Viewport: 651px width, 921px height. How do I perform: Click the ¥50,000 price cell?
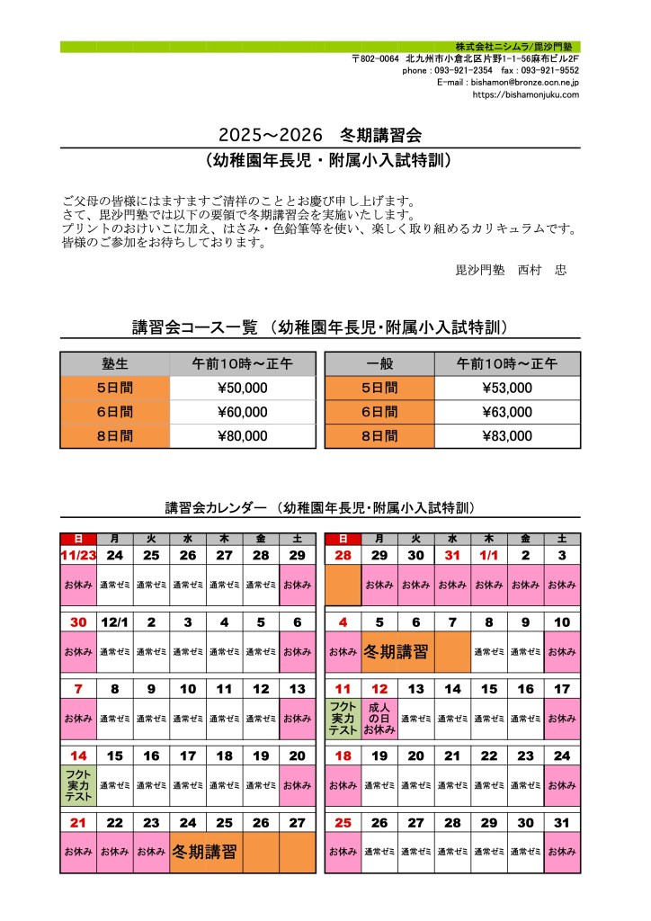243,388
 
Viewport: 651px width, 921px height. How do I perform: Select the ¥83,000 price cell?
507,436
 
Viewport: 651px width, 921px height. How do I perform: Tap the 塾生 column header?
115,363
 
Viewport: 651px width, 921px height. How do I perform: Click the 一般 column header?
379,363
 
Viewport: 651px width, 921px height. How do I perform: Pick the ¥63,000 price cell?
507,412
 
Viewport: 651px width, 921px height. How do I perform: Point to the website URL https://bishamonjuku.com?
525,94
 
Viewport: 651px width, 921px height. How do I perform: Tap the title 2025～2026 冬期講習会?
319,135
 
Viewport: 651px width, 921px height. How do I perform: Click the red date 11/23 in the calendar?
78,556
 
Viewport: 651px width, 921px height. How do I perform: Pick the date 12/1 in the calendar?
115,621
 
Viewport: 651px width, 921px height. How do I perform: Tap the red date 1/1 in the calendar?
488,556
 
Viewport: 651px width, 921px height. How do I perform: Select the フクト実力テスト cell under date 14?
78,784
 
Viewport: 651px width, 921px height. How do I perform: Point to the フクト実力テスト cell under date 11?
343,719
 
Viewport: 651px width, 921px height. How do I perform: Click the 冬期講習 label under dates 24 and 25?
206,852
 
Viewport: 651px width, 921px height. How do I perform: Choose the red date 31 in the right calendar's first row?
451,556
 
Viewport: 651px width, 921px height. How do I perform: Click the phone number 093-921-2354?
463,70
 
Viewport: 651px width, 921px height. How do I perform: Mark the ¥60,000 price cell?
243,412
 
